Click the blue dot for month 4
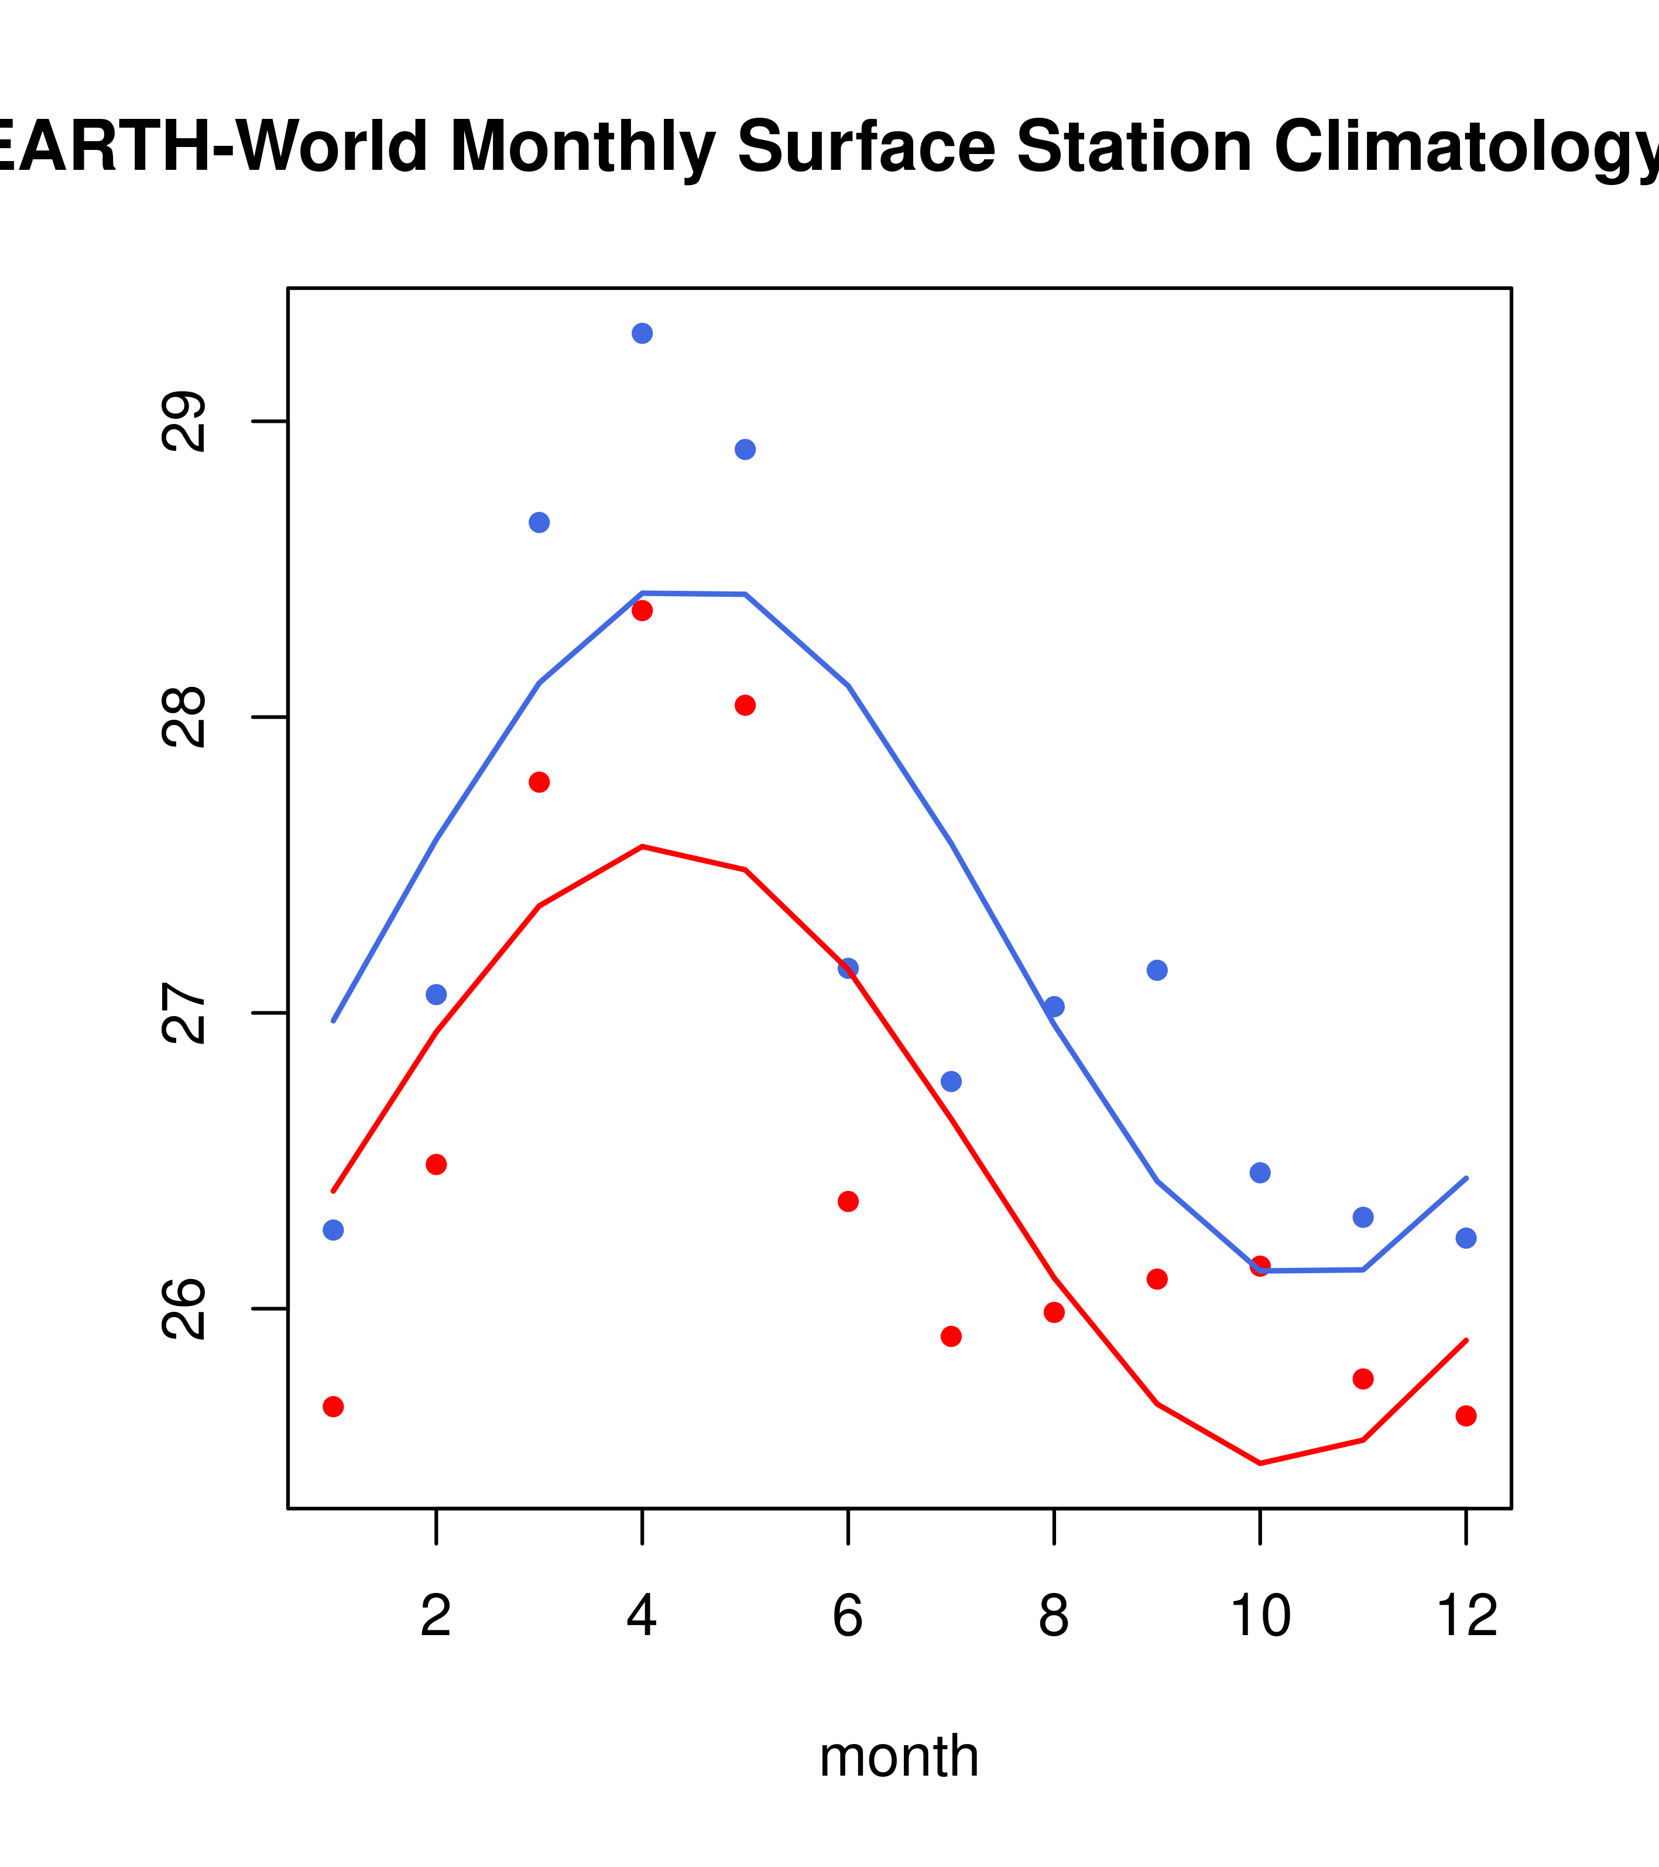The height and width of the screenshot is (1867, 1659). (x=642, y=333)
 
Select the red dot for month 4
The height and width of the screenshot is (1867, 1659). (x=642, y=610)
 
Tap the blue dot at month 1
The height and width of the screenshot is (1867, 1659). (x=333, y=1230)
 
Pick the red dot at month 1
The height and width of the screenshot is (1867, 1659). (x=333, y=1407)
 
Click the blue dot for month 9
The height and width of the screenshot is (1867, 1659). (x=1157, y=970)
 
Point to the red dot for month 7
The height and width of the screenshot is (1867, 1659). (x=951, y=1336)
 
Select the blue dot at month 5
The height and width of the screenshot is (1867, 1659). (x=745, y=449)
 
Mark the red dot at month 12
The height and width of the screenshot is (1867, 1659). (x=1465, y=1416)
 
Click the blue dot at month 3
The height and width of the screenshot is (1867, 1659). (x=539, y=522)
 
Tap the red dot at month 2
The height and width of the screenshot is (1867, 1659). (x=437, y=1165)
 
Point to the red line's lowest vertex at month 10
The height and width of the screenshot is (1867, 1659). (x=1260, y=1463)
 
